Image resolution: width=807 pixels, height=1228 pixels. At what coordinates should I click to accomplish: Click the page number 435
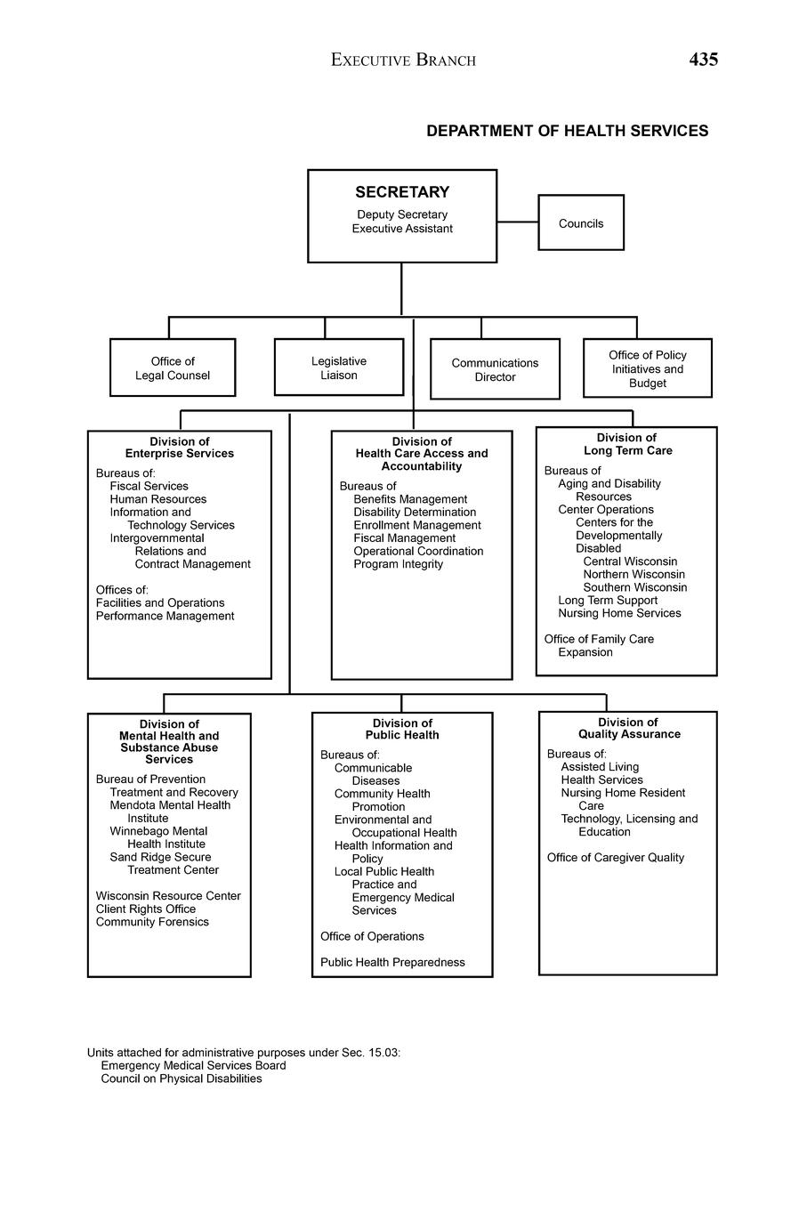(x=703, y=60)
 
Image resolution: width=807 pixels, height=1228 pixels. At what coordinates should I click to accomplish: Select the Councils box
(x=581, y=223)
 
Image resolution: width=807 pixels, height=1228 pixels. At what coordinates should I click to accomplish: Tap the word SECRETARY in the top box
(x=402, y=192)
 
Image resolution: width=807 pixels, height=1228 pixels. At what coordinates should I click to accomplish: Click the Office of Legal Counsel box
(x=173, y=368)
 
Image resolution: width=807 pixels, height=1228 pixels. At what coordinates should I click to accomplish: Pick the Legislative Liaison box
(x=339, y=368)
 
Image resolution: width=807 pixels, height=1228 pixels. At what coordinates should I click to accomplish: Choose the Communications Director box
(x=495, y=369)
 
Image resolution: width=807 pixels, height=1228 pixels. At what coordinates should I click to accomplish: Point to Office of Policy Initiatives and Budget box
(x=648, y=368)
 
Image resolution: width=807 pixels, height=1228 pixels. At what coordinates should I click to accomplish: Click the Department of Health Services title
(x=567, y=131)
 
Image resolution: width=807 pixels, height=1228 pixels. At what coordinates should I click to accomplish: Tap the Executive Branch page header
(x=403, y=61)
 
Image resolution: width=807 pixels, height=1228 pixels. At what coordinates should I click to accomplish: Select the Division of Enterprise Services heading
(x=180, y=448)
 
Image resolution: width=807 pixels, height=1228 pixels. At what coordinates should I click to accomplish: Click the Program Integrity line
(x=398, y=564)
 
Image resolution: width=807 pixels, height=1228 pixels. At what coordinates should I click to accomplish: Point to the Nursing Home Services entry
(x=619, y=613)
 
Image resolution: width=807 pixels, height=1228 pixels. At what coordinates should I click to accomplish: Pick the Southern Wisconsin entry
(x=634, y=587)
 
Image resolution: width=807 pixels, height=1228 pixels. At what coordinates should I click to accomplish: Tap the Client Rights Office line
(x=146, y=909)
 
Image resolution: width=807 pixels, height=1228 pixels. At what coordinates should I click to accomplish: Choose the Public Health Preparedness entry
(x=392, y=962)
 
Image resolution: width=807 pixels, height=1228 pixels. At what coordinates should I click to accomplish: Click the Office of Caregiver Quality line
(x=616, y=858)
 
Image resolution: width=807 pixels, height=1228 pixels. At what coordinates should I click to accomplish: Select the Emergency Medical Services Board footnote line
(x=193, y=1065)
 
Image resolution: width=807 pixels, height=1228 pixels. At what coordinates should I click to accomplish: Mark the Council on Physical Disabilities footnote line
(x=182, y=1079)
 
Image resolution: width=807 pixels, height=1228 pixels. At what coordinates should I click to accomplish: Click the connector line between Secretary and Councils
(x=517, y=222)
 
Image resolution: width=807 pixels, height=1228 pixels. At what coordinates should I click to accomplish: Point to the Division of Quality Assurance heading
(x=628, y=728)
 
